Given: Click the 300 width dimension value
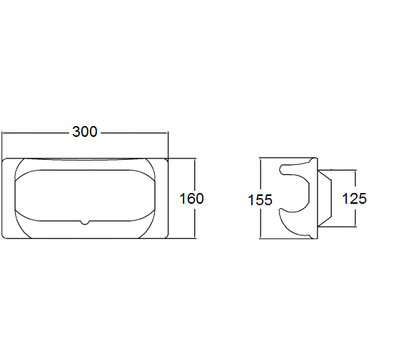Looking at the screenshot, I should point(85,132).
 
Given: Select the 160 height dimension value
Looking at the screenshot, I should point(191,198).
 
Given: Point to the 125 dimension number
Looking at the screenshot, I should point(354,198).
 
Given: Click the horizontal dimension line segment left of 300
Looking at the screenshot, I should point(36,132).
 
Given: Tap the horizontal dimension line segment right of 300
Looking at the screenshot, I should point(133,132).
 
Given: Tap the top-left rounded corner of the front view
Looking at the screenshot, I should point(6,161).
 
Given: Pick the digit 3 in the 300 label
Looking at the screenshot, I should point(76,132).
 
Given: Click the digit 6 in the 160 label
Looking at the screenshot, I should point(191,198).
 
